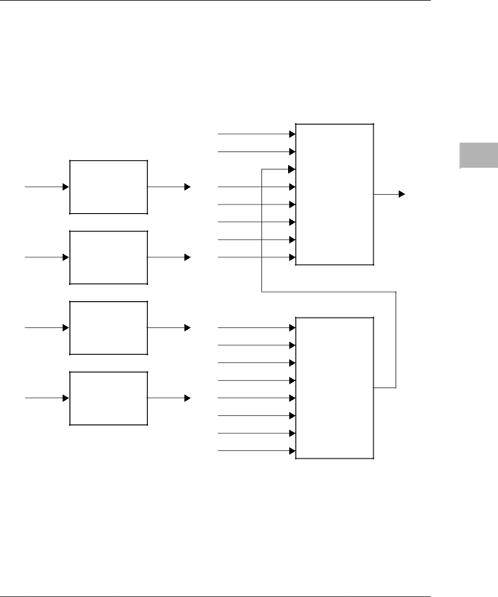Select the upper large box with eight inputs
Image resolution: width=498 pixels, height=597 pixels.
[334, 195]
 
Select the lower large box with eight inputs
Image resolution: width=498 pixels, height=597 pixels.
[334, 388]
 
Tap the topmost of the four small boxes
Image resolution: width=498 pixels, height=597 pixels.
[109, 187]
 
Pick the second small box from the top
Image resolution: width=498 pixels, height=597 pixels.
[109, 257]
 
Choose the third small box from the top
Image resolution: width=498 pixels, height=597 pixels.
[109, 327]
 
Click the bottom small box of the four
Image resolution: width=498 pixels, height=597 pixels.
[109, 398]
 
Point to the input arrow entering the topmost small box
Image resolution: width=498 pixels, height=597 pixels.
[47, 187]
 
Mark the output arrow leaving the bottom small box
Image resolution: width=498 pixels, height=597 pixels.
[169, 398]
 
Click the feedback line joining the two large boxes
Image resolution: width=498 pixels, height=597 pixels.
[329, 291]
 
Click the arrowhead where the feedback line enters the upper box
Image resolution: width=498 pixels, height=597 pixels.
[290, 169]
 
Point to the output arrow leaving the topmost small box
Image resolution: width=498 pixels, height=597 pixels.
[169, 187]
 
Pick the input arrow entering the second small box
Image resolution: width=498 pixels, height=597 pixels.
[47, 257]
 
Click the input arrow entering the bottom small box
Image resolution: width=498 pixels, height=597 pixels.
[47, 398]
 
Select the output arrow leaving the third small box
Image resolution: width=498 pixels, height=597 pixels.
[169, 327]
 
